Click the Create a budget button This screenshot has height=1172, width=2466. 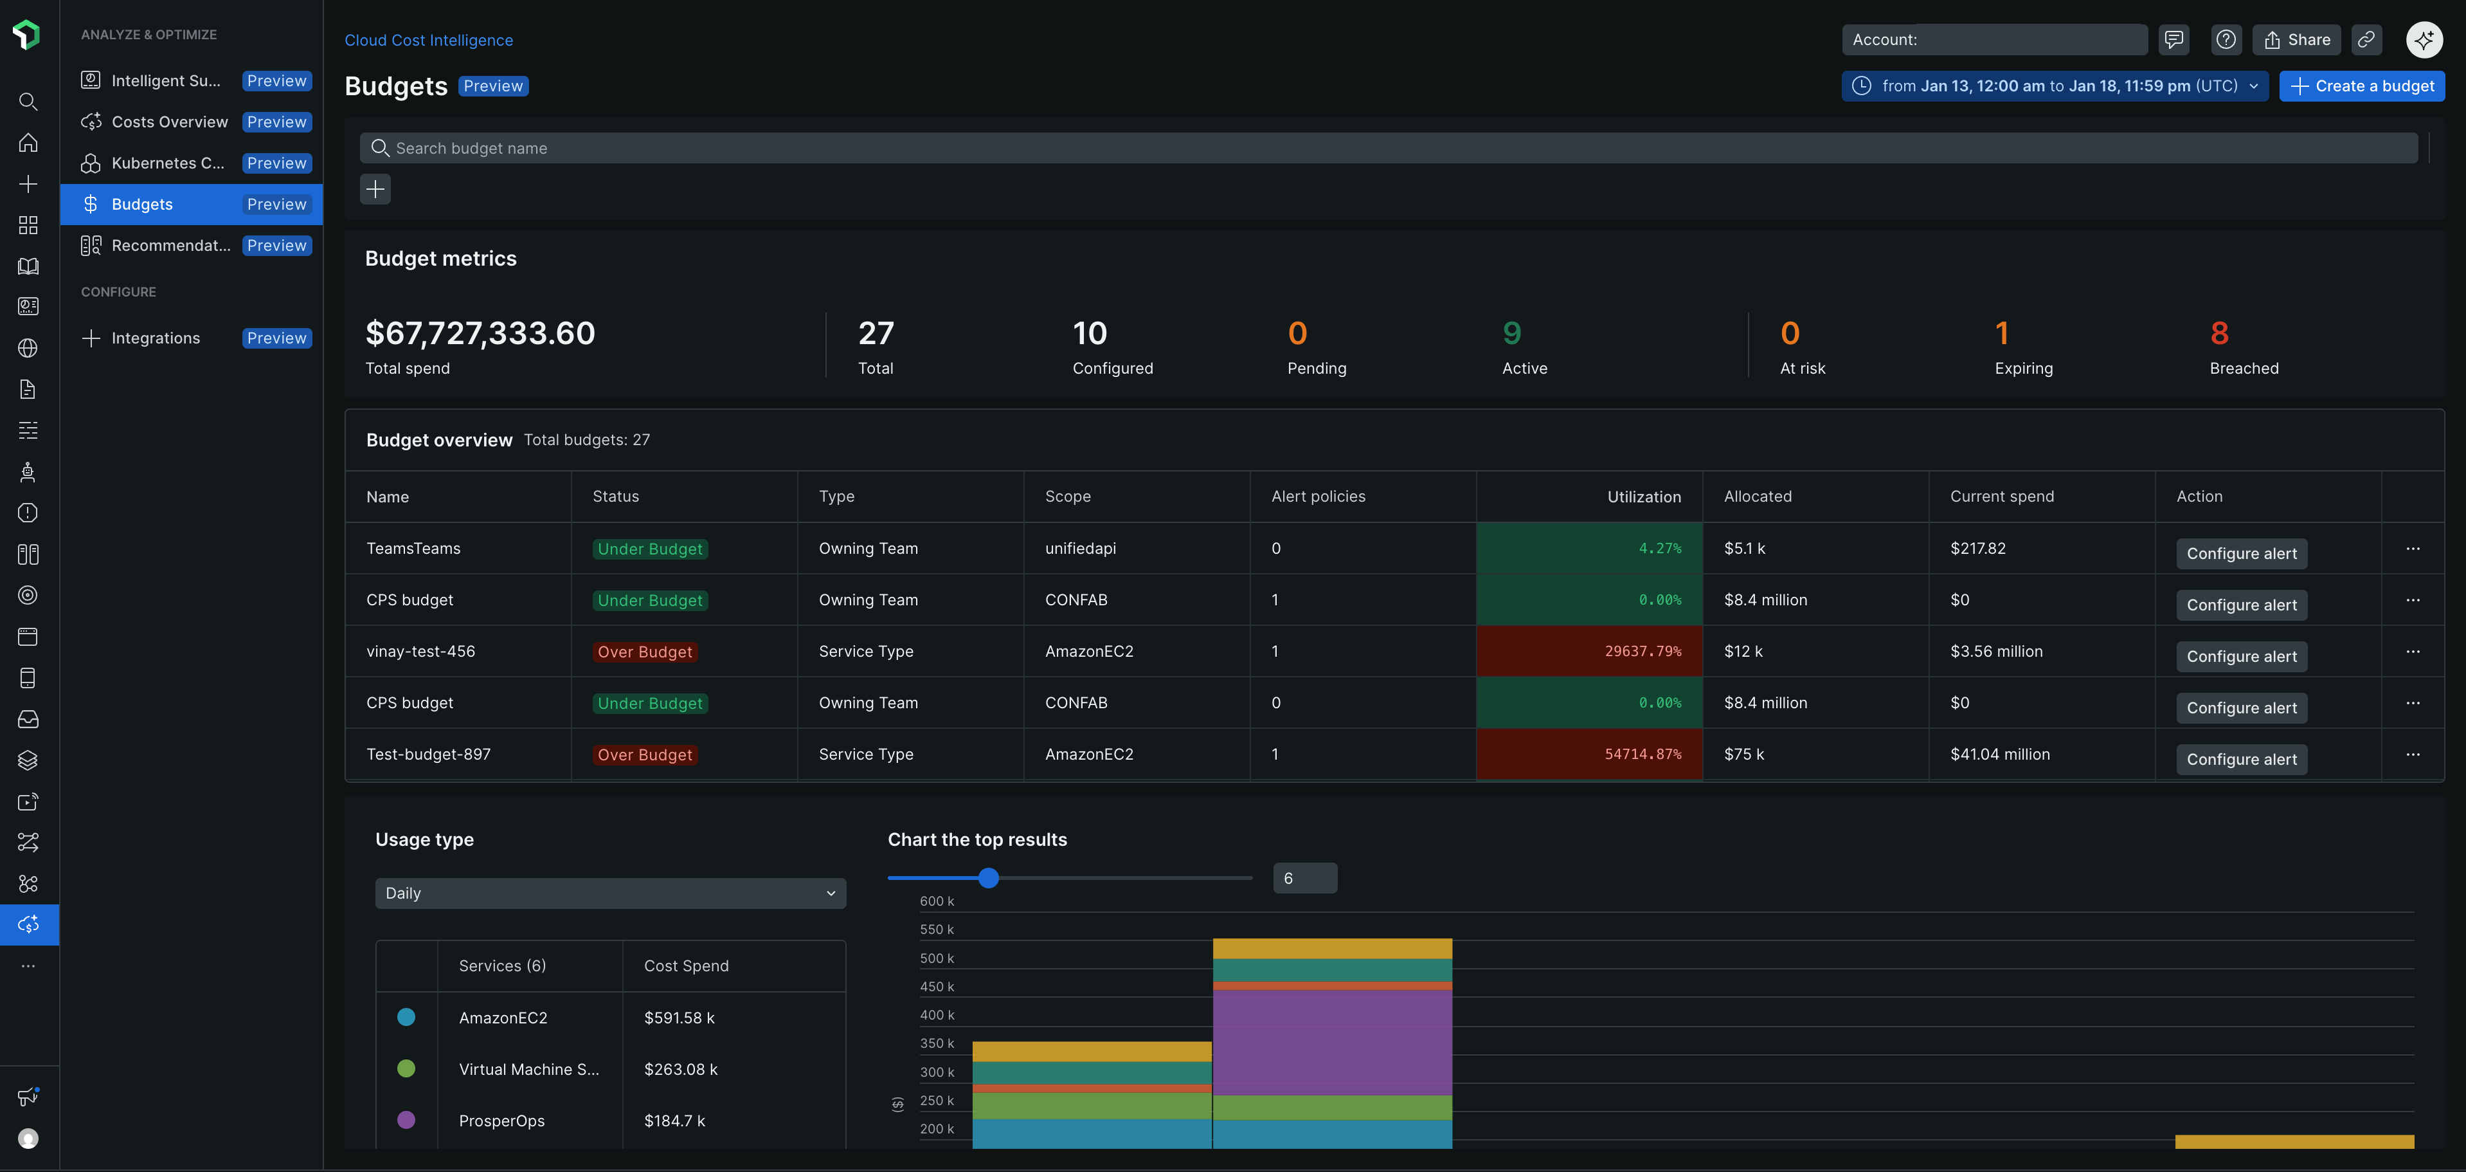click(x=2362, y=86)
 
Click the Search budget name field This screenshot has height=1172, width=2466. click(x=1388, y=149)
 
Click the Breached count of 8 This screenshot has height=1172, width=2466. click(x=2219, y=333)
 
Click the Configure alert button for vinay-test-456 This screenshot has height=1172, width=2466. click(x=2241, y=657)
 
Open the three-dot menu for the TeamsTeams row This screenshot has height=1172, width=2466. click(x=2413, y=549)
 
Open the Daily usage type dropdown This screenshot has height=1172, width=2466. click(x=610, y=893)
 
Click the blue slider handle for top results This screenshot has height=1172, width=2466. click(x=989, y=878)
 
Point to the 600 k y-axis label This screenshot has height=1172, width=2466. click(x=936, y=901)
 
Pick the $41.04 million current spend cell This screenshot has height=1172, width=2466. click(x=2000, y=755)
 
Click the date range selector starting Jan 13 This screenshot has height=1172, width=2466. click(x=2055, y=86)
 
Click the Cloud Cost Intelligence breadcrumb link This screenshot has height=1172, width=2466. click(x=429, y=41)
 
